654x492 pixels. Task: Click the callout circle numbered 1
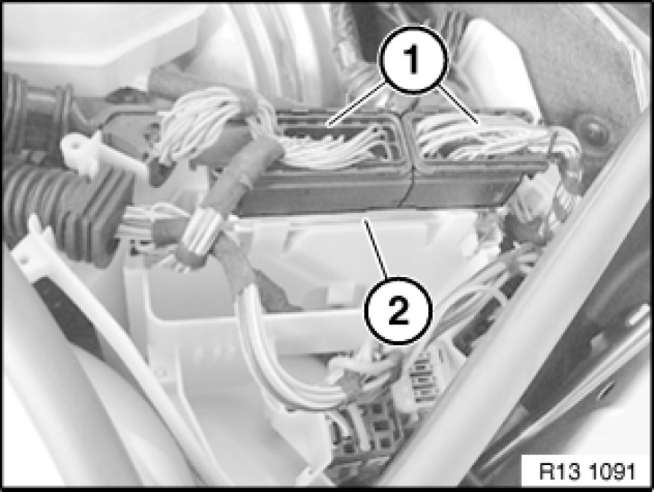(413, 59)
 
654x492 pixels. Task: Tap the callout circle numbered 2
(398, 311)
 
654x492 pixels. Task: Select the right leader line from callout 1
(457, 105)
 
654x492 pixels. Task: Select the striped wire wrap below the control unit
(203, 233)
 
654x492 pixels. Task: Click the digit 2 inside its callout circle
(398, 311)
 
